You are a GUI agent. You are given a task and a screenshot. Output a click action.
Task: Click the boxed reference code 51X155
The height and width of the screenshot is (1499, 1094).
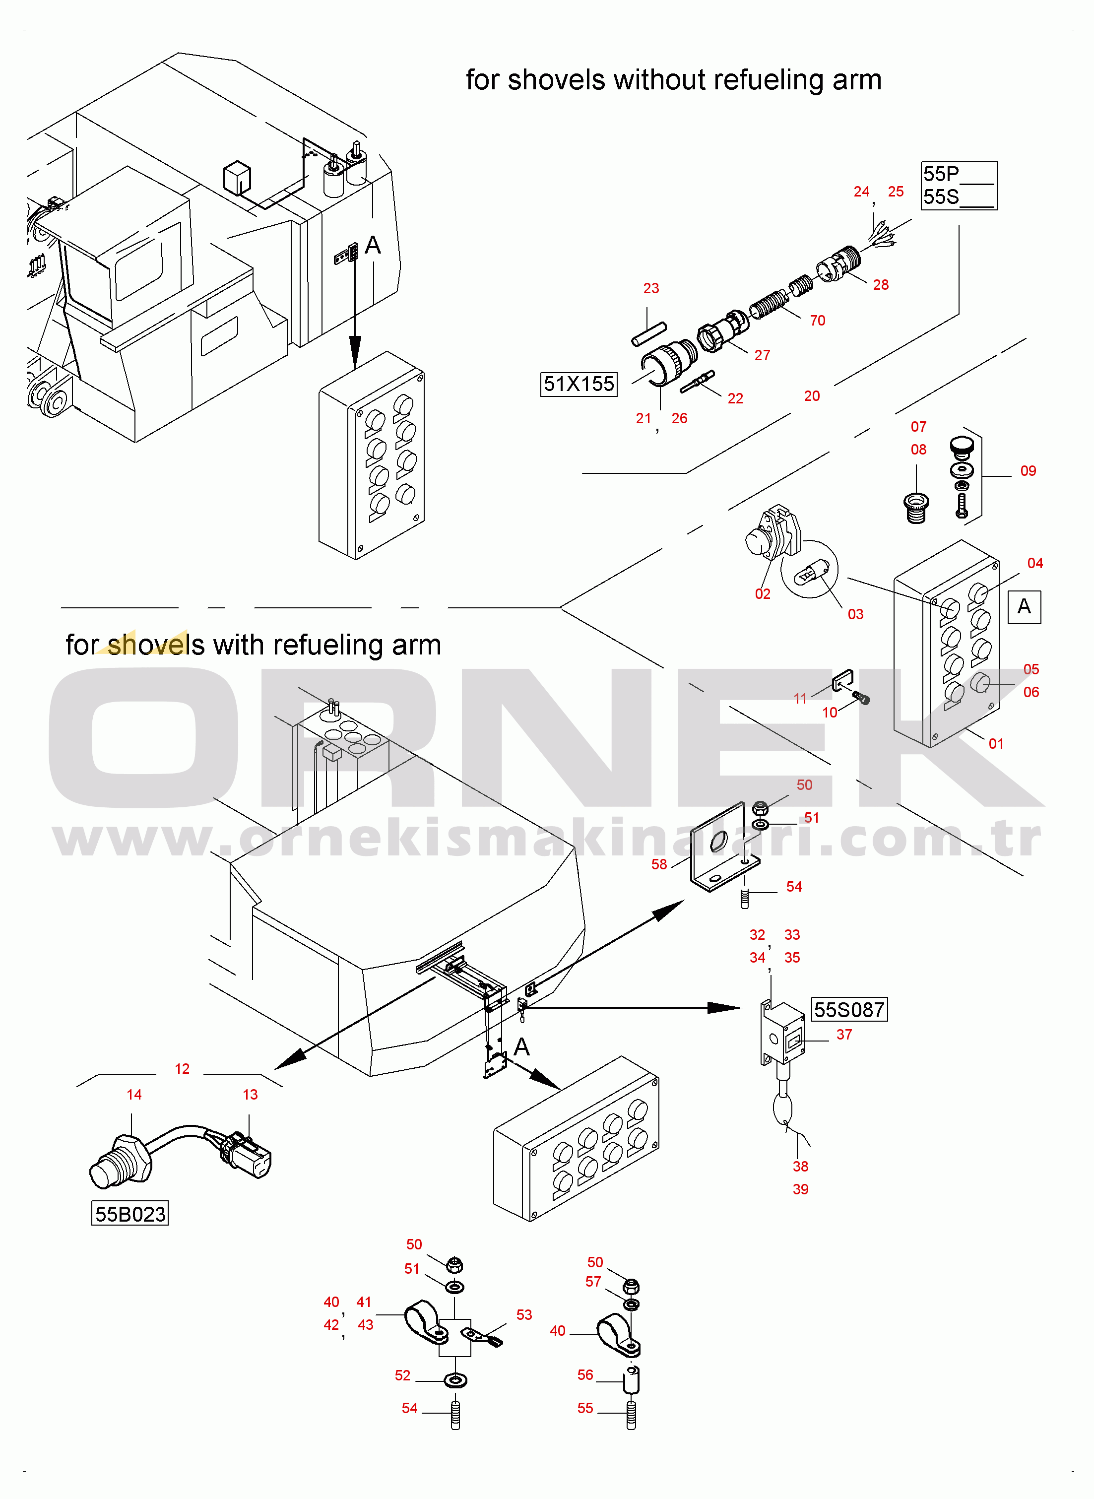(x=579, y=384)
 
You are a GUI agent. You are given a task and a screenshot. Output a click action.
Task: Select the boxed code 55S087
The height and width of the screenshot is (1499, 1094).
(x=849, y=1010)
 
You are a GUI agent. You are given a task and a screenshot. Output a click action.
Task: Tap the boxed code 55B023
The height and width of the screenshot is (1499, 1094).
(x=130, y=1214)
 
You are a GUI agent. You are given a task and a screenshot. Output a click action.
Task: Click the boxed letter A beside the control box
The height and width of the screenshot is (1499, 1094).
(x=1024, y=606)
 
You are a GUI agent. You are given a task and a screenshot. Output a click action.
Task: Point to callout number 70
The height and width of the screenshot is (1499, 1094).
(x=817, y=321)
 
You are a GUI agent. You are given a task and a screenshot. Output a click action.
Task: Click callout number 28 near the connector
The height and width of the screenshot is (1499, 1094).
(x=880, y=285)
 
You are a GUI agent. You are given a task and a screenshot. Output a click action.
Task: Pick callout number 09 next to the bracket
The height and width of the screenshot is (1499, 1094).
(x=1028, y=471)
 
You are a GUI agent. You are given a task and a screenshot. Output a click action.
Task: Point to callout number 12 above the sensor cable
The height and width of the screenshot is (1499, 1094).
(x=182, y=1069)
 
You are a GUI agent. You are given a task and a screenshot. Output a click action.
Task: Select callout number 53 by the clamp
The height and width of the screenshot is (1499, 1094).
(x=524, y=1315)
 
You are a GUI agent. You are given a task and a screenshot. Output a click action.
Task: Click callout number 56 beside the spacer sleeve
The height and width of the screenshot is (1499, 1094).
(x=585, y=1375)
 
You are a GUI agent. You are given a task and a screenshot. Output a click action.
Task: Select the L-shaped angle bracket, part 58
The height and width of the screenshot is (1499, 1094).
(x=722, y=847)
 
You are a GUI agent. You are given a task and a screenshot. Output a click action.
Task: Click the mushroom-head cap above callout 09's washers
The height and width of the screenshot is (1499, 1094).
(x=961, y=446)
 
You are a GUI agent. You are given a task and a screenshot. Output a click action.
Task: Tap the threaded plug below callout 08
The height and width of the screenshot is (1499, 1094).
(x=916, y=508)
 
